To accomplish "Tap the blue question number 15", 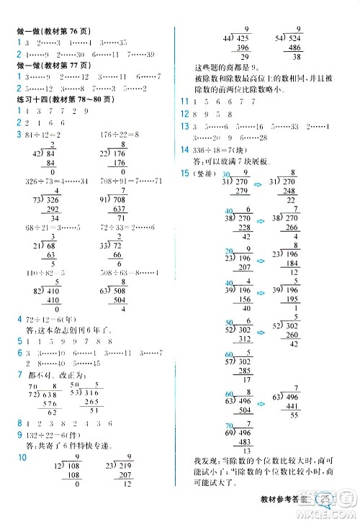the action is pos(185,174).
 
